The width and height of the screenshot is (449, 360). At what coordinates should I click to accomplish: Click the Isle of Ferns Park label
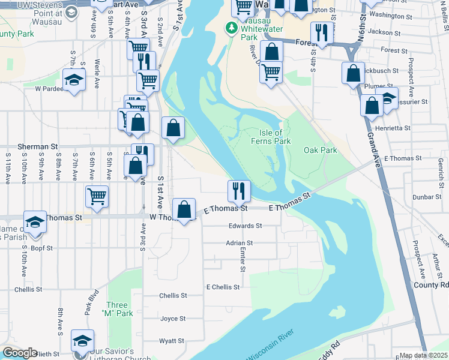point(270,137)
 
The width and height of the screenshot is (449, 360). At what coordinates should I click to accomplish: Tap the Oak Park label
point(320,150)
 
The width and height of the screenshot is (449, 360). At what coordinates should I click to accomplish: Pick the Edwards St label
point(245,226)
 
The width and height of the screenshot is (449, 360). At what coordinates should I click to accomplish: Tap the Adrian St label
point(240,243)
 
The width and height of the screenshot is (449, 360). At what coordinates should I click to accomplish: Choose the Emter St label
point(243,259)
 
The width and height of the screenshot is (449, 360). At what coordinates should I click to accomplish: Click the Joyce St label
point(173,319)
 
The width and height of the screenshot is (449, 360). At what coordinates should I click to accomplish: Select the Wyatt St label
point(172,341)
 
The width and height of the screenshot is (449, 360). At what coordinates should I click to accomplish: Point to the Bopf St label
point(42,247)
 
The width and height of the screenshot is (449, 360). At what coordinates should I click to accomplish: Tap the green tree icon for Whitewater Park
point(231,28)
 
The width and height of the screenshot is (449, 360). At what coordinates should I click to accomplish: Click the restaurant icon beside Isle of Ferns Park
point(239,191)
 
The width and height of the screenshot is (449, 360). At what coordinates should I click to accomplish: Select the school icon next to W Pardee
point(74,79)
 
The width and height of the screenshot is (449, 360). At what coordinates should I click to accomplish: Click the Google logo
point(19,353)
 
